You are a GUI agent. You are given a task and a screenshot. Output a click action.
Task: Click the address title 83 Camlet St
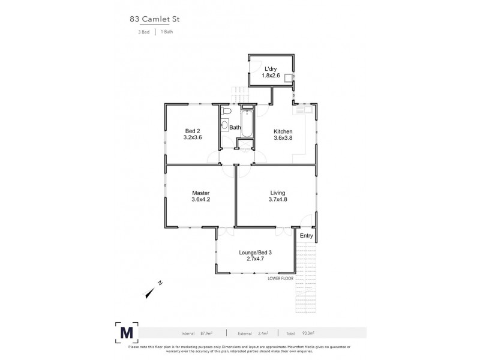155,19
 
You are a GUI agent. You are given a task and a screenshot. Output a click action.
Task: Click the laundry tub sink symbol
289,77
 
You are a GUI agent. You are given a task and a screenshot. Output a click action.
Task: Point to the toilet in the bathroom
225,112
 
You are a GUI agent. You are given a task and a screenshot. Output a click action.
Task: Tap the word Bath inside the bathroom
235,127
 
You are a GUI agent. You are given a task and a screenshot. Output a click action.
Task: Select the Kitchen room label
283,131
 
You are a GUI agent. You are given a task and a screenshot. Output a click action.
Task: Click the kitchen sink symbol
301,110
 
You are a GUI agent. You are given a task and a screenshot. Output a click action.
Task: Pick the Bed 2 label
193,131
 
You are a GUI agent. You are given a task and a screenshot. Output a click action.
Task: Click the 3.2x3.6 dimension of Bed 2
193,138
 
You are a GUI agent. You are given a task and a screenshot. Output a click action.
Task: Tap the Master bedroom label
200,193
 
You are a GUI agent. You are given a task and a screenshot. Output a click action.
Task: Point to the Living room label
278,193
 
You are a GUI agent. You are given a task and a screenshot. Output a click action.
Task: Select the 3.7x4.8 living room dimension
278,200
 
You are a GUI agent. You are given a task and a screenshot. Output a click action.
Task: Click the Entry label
306,236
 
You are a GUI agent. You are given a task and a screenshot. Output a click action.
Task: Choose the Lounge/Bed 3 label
256,253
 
